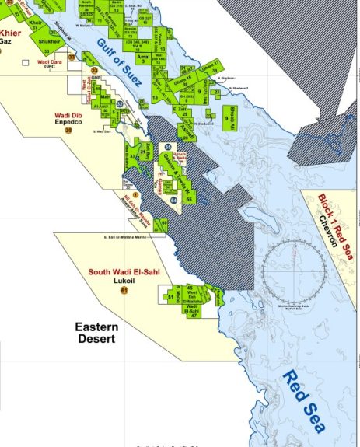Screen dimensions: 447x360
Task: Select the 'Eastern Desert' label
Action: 97,334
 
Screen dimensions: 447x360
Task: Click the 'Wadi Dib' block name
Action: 68,116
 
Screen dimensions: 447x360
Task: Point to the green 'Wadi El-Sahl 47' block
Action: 191,310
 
